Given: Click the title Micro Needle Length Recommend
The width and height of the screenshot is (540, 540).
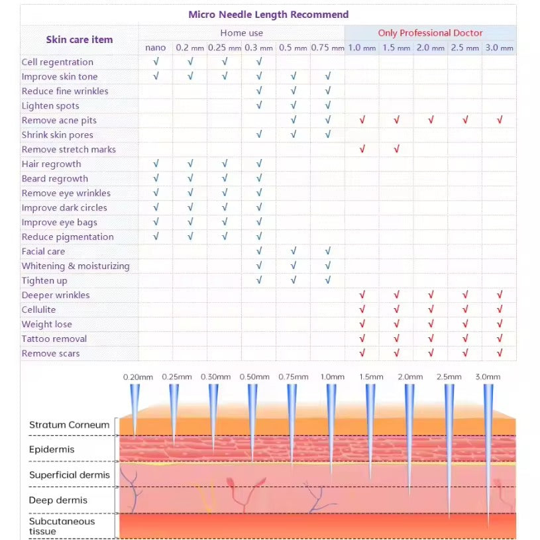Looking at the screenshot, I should (268, 15).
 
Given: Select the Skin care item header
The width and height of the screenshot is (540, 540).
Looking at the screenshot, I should (80, 40).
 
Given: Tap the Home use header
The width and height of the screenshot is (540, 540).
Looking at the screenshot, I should (242, 33).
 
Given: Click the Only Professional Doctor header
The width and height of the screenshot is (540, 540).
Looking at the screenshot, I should (430, 33).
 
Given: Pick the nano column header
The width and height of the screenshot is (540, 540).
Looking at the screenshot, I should (156, 48).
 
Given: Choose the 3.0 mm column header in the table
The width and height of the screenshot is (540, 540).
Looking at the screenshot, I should (499, 48).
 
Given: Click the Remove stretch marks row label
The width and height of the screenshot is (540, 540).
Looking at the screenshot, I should (68, 150).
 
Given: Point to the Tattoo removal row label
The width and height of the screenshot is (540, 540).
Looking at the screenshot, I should (54, 339).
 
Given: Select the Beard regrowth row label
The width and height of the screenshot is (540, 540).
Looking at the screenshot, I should (54, 179).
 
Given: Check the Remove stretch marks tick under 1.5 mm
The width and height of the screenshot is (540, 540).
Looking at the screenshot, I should (396, 149).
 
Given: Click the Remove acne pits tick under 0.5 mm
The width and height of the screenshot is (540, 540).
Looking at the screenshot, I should (294, 120).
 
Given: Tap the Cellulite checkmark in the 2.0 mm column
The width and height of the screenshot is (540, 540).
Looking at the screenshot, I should (431, 309).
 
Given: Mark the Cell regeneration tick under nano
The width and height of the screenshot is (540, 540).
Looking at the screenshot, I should (156, 62).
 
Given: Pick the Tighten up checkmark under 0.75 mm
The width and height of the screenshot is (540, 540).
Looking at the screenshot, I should (328, 280).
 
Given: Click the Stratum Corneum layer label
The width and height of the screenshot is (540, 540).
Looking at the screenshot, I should (69, 425).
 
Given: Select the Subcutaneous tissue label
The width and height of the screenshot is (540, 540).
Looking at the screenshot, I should (62, 526).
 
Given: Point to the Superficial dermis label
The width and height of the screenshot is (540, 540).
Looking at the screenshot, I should (70, 475).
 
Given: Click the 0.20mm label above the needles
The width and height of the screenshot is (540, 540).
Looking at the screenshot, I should (138, 377).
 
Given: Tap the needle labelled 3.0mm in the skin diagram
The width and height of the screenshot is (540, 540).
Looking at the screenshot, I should (488, 451).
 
